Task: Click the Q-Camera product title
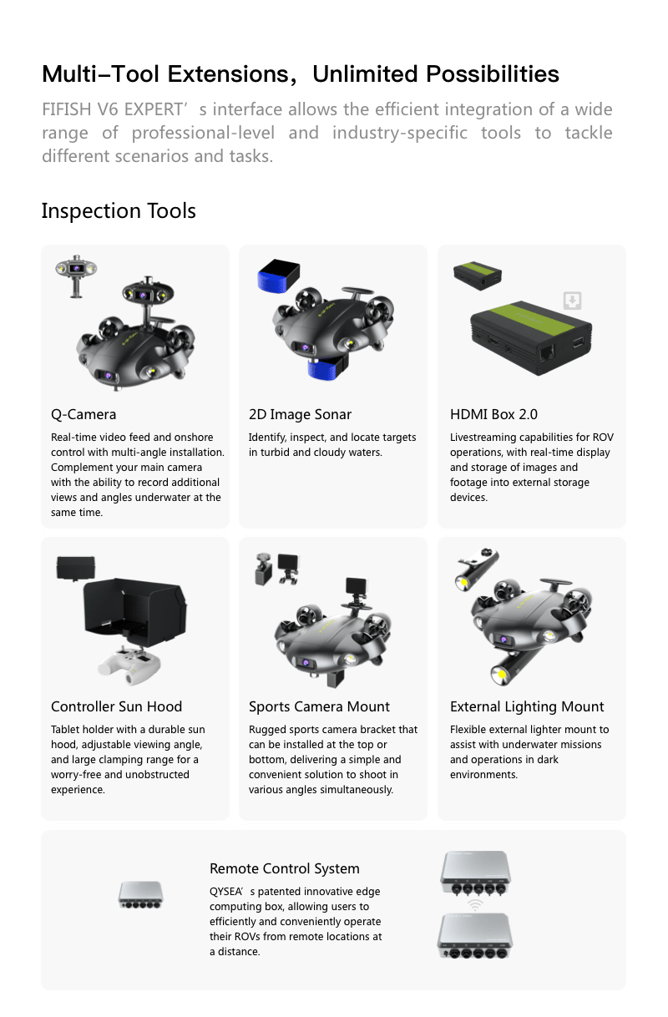(83, 414)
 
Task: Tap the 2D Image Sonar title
(300, 414)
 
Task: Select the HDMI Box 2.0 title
(493, 414)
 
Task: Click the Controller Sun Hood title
(116, 706)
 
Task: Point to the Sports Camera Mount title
(319, 706)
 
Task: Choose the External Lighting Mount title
(527, 706)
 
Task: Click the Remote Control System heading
(284, 868)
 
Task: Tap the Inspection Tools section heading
(119, 210)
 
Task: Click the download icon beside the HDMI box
(572, 301)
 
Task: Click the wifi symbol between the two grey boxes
(474, 905)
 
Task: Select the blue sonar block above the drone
(278, 276)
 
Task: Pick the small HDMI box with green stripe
(478, 276)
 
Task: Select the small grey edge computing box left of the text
(141, 895)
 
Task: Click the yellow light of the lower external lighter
(501, 674)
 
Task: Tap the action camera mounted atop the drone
(356, 585)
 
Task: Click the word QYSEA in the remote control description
(225, 892)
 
